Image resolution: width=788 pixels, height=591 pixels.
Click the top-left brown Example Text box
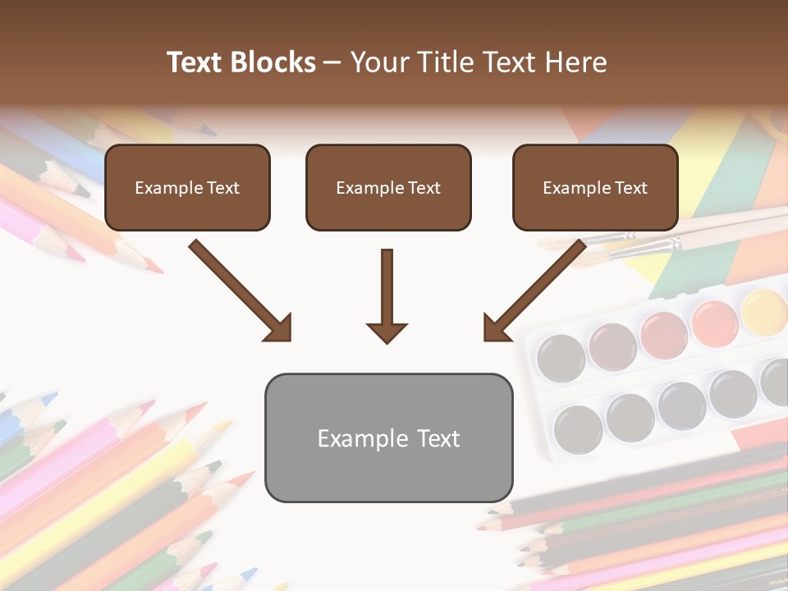click(x=187, y=187)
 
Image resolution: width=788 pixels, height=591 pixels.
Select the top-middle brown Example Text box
click(x=388, y=187)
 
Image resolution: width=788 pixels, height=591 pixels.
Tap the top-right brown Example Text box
click(x=595, y=187)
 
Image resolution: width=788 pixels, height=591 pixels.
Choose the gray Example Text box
click(x=388, y=438)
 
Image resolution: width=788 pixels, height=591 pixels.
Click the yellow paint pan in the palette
click(x=764, y=310)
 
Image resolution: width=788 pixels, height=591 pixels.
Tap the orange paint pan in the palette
click(x=714, y=323)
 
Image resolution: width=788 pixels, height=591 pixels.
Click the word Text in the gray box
click(x=438, y=438)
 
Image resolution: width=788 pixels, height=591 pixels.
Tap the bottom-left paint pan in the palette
click(x=578, y=428)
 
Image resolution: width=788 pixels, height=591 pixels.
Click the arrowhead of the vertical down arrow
click(x=387, y=332)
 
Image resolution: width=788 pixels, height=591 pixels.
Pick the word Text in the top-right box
click(x=631, y=188)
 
